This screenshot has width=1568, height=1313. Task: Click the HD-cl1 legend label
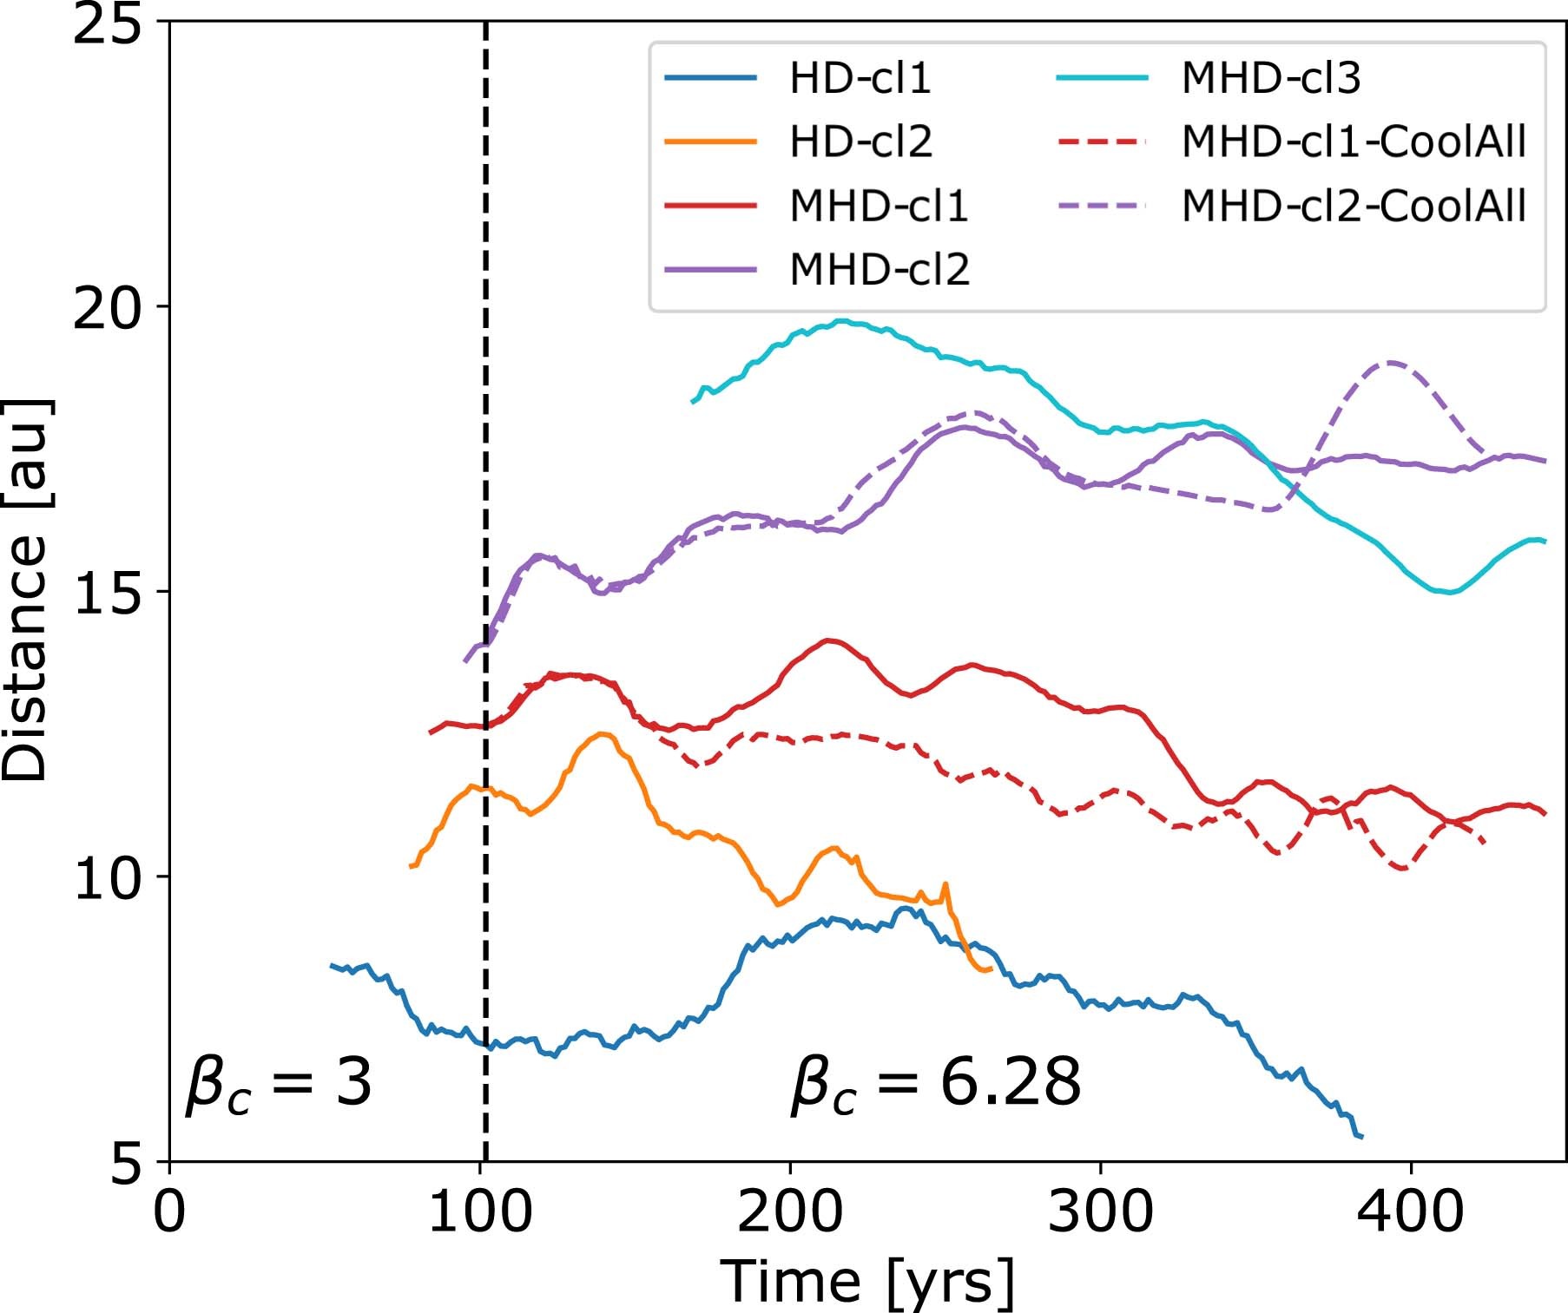point(860,78)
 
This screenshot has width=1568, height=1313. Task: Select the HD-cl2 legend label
point(860,141)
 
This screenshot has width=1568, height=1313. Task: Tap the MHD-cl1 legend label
point(879,206)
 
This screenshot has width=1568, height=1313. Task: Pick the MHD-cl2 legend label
point(879,269)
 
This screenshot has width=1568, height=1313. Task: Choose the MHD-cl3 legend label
point(1271,78)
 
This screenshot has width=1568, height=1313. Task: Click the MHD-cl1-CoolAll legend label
point(1354,141)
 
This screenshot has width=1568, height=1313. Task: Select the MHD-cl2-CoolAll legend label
point(1354,206)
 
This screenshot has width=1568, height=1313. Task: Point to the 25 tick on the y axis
point(106,23)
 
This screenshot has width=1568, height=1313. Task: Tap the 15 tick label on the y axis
point(106,592)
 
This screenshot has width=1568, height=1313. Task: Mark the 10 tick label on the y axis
point(106,876)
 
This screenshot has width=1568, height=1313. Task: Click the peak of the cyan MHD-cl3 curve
point(840,321)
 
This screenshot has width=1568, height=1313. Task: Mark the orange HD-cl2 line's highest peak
point(603,734)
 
